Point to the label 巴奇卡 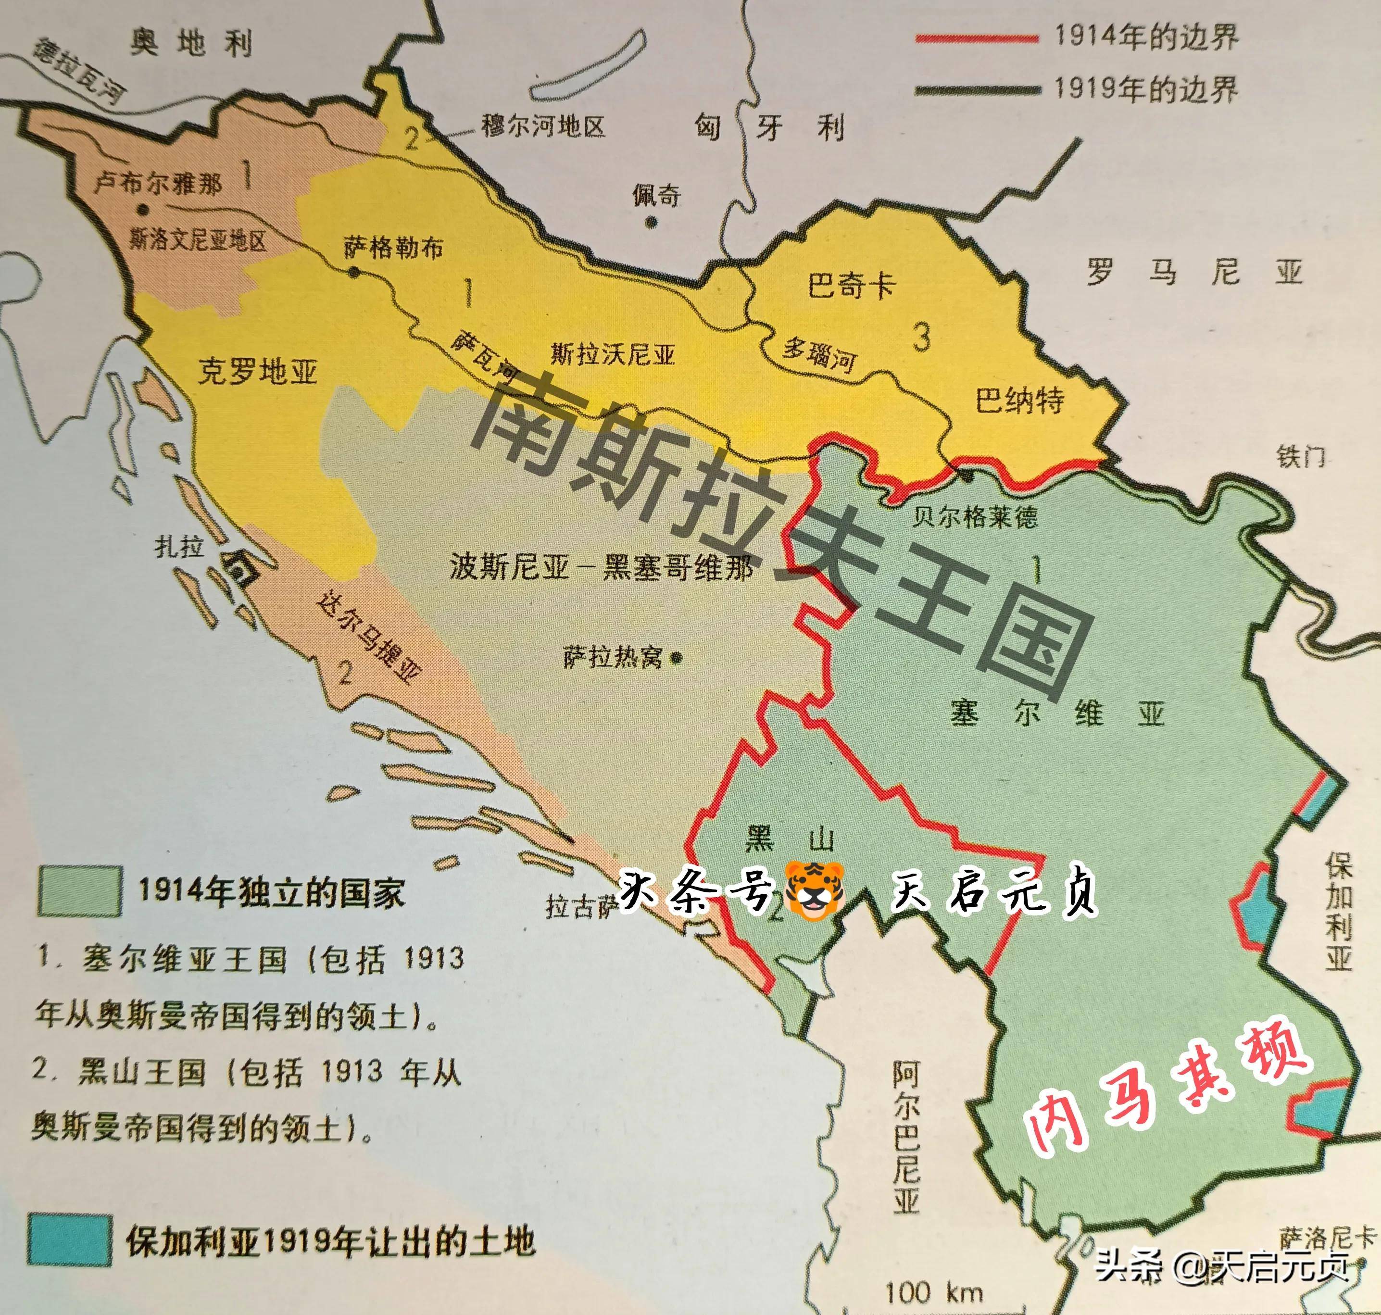(x=852, y=285)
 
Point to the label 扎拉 (x=181, y=546)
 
